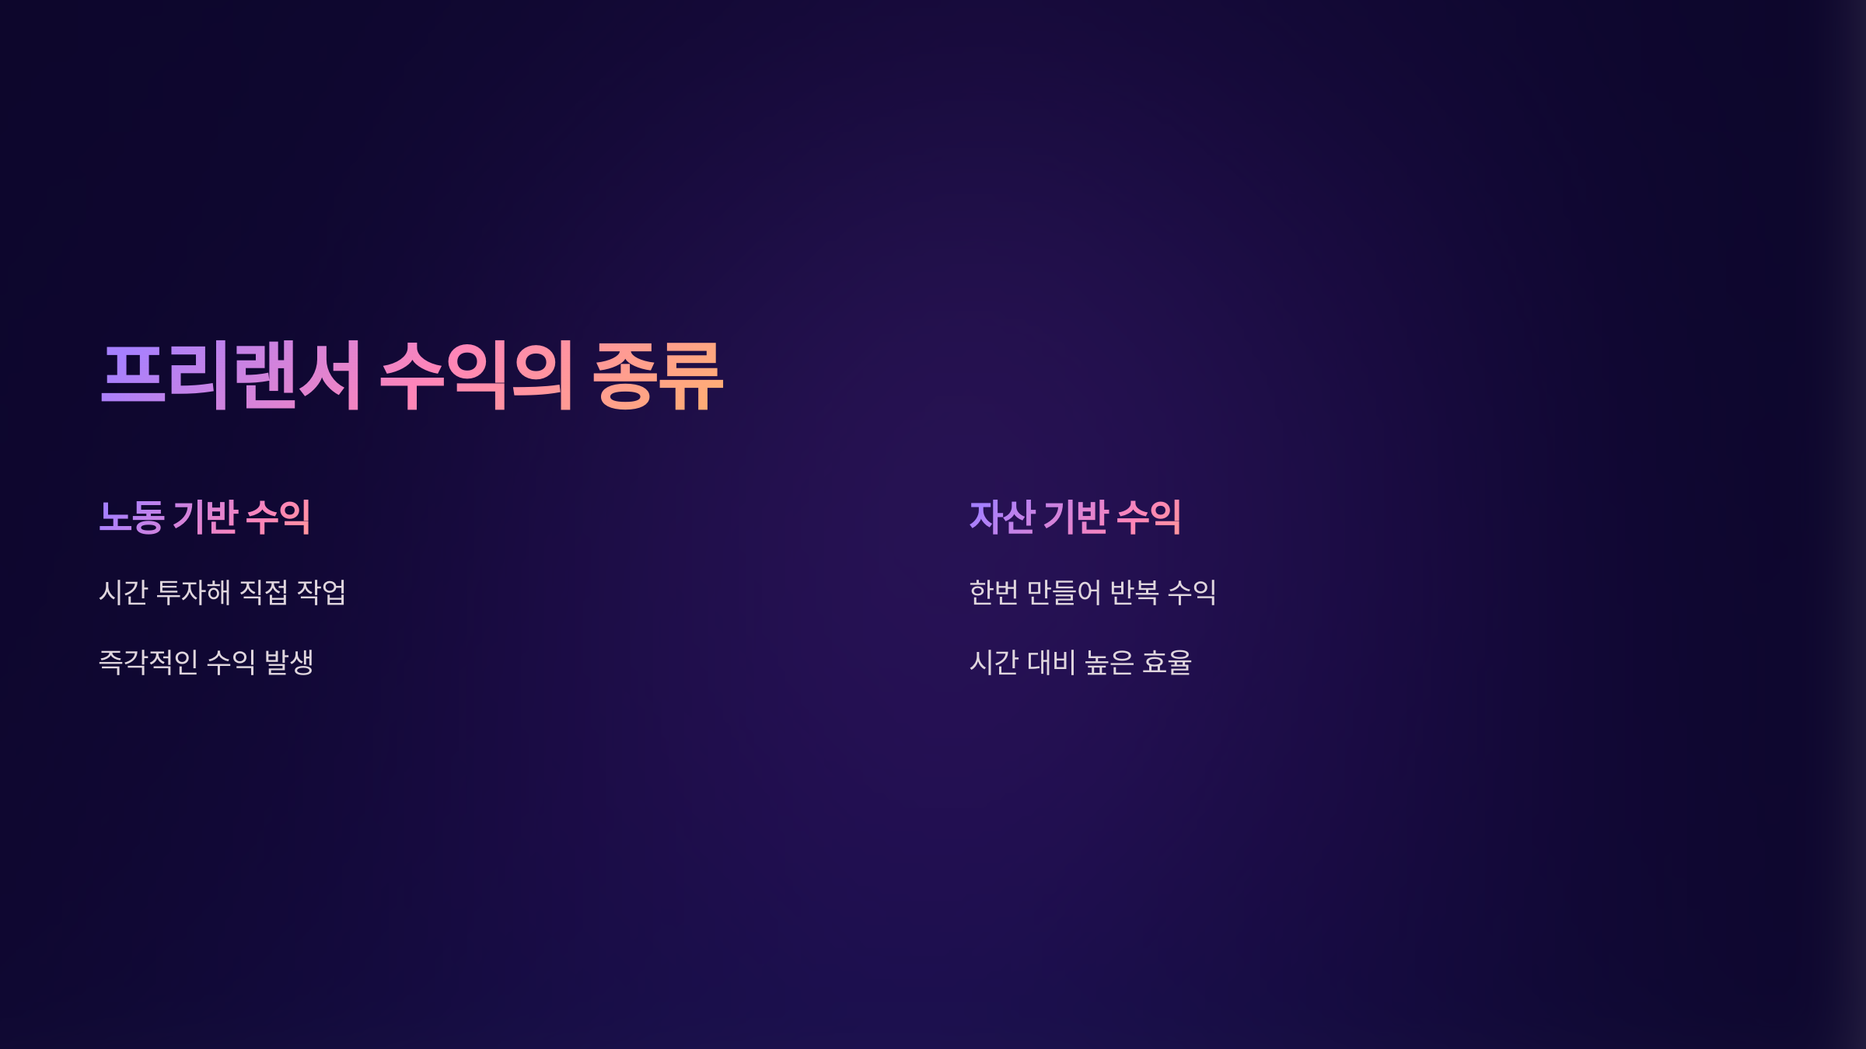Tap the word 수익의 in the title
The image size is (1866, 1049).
click(x=476, y=376)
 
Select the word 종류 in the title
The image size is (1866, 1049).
click(x=658, y=376)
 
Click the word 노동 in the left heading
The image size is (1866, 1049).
click(x=131, y=518)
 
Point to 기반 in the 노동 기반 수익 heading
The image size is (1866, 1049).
click(x=205, y=518)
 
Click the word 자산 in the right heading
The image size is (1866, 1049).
click(x=1002, y=518)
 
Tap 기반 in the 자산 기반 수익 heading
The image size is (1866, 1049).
click(x=1076, y=518)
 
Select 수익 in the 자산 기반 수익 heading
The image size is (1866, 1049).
click(x=1148, y=518)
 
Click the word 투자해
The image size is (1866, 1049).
click(x=194, y=593)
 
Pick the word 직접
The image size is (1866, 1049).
click(x=264, y=593)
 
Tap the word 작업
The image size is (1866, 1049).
click(x=321, y=593)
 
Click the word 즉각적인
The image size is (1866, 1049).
click(x=149, y=663)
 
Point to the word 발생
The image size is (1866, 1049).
click(x=288, y=663)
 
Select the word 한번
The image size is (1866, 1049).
click(x=994, y=593)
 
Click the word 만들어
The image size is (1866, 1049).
click(x=1064, y=593)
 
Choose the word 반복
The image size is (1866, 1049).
click(x=1134, y=593)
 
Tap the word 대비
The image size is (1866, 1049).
click(x=1051, y=663)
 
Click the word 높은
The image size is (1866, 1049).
click(x=1109, y=663)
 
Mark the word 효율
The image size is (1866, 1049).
click(x=1166, y=663)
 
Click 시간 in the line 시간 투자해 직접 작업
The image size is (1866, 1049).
click(x=124, y=593)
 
